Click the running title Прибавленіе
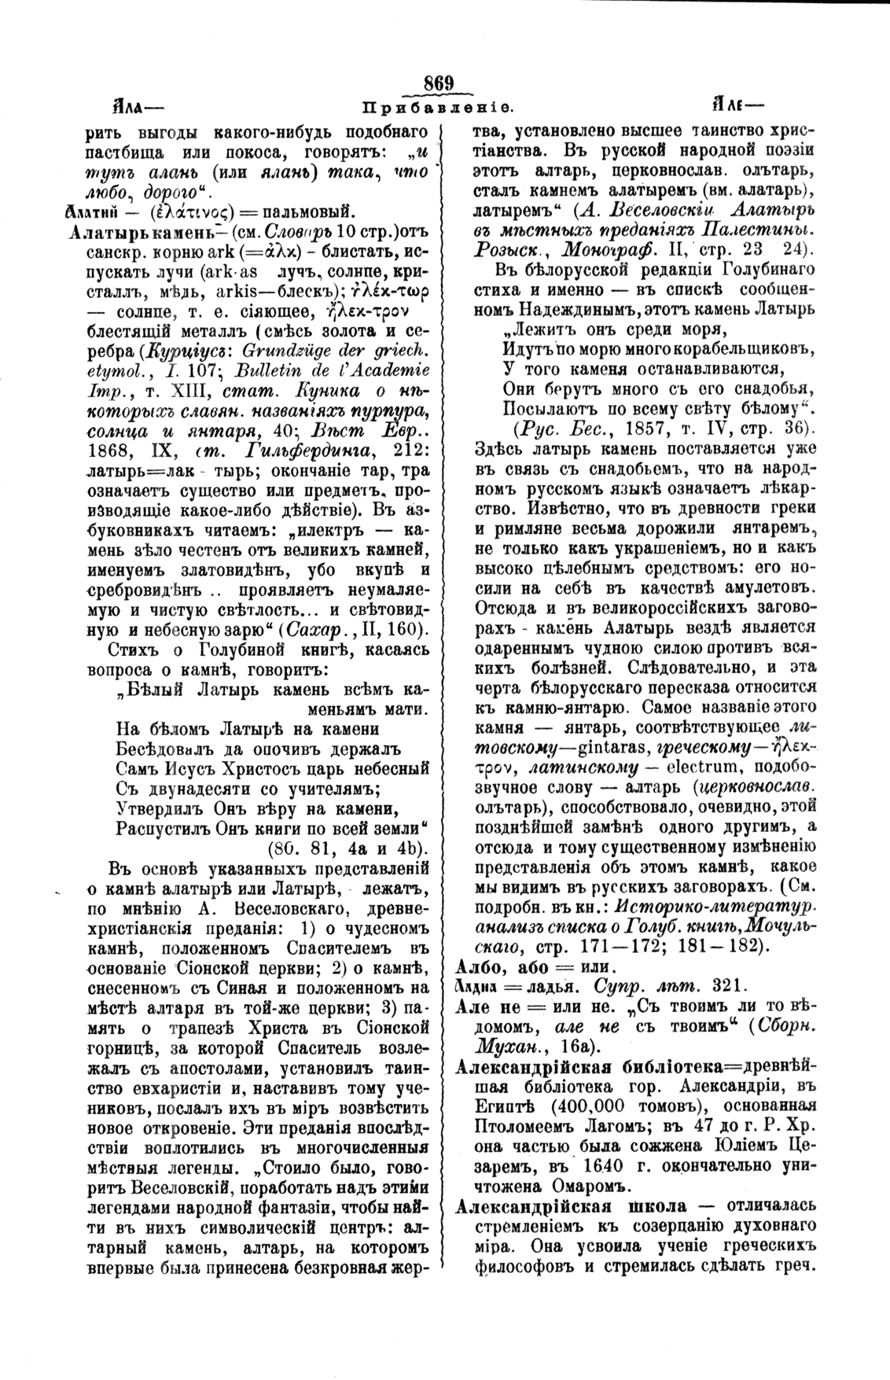click(x=438, y=106)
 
